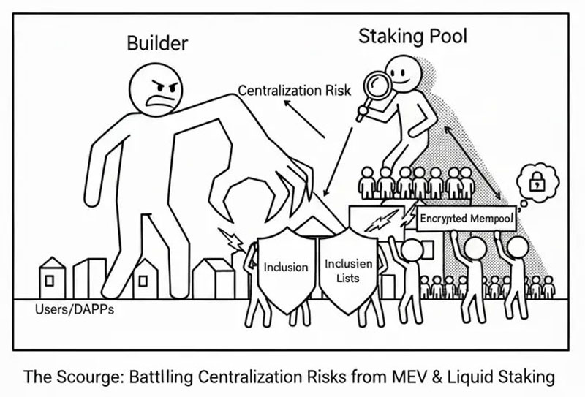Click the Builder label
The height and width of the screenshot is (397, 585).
click(157, 43)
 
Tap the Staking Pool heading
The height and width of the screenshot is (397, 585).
click(412, 37)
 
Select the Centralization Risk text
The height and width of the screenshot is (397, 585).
click(295, 91)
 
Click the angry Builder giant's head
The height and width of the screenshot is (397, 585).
click(156, 89)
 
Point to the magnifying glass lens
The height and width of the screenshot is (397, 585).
click(377, 86)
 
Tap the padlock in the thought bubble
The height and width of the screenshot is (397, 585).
click(537, 181)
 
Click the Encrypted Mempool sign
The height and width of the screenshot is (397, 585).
click(466, 219)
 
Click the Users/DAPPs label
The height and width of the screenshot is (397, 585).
click(75, 310)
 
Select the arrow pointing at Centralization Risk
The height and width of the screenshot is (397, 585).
click(304, 119)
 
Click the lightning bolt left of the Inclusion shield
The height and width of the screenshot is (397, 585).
click(231, 240)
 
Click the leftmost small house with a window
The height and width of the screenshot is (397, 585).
click(52, 278)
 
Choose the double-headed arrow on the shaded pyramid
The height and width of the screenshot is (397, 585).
click(472, 163)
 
